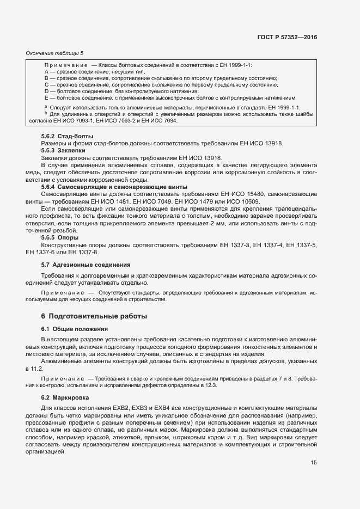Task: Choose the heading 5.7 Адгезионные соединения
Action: (86, 265)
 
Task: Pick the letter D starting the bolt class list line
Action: (46, 91)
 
